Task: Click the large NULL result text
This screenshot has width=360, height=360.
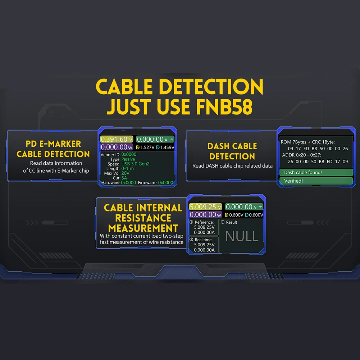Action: (x=242, y=236)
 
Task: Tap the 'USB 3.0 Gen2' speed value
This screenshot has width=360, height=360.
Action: (x=135, y=164)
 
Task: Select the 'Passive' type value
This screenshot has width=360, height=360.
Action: (x=128, y=159)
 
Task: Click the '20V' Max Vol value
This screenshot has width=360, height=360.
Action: (x=126, y=173)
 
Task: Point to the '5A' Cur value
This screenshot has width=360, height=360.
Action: (x=124, y=178)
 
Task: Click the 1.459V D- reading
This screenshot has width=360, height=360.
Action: (x=167, y=147)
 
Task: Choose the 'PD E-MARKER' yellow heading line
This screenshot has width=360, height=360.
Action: (x=54, y=144)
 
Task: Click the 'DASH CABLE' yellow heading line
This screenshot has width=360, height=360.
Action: (x=232, y=146)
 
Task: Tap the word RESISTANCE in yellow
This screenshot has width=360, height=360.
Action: (x=143, y=218)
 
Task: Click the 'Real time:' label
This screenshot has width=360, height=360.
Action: (x=203, y=240)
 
